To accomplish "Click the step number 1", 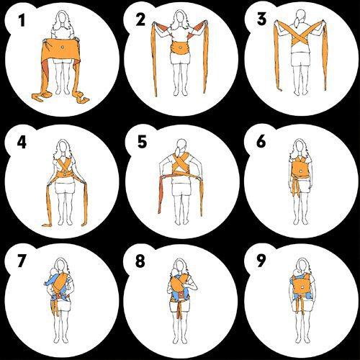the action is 22,20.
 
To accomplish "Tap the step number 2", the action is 140,19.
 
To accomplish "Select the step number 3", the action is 261,19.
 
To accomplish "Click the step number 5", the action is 142,141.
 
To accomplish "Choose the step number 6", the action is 261,141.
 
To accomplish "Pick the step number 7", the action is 21,261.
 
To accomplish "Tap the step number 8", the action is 140,261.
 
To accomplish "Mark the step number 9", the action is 261,261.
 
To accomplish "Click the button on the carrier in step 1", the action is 63,48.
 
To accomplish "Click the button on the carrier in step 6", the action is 300,171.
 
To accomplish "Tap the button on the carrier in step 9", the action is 302,287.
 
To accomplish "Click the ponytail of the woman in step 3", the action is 297,22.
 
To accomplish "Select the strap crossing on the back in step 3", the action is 300,37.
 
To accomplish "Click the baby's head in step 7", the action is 53,273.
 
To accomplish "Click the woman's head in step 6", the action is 300,147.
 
